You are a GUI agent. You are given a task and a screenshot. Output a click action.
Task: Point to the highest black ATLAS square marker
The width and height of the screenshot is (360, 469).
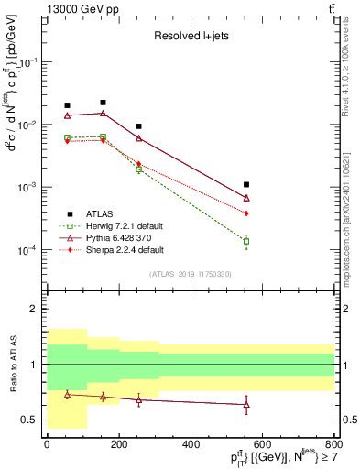tap(103, 103)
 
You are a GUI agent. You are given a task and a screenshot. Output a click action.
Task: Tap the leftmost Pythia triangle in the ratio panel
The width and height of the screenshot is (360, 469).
tap(67, 394)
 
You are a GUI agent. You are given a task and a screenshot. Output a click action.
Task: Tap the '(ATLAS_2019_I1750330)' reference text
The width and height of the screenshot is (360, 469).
tap(190, 274)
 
